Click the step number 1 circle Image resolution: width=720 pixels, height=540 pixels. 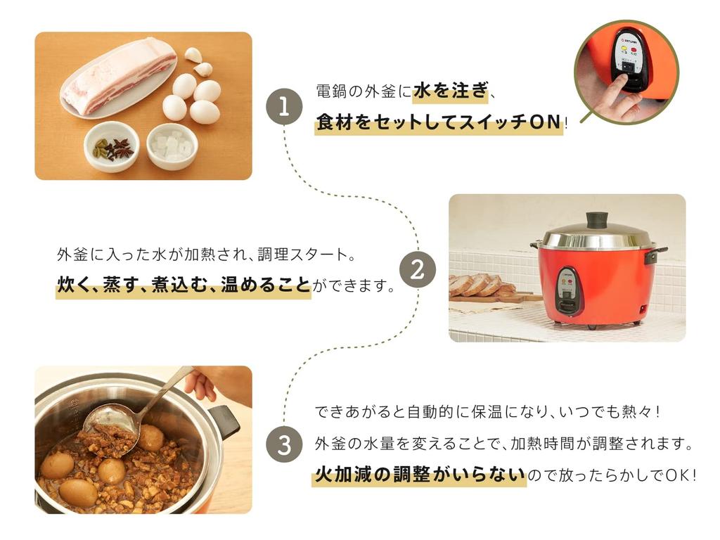(283, 107)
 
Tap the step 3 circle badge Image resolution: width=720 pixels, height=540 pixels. (283, 444)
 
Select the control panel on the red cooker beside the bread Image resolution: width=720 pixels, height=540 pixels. (568, 290)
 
